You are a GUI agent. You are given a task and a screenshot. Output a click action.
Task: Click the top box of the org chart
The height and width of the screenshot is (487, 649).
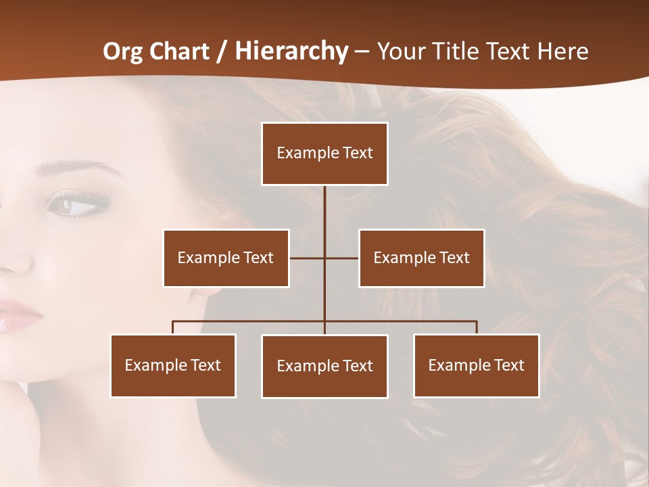pyautogui.click(x=324, y=154)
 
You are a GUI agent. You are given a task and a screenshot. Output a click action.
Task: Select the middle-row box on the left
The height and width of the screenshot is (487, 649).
pyautogui.click(x=226, y=258)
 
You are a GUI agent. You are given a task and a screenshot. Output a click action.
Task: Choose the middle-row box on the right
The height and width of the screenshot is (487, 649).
pyautogui.click(x=421, y=258)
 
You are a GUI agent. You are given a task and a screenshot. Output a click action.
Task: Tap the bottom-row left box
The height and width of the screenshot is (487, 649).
pyautogui.click(x=173, y=365)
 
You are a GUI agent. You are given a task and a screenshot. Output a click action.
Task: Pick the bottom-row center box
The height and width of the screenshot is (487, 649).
pyautogui.click(x=324, y=366)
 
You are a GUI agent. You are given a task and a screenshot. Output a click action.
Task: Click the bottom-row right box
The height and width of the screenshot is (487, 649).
pyautogui.click(x=476, y=365)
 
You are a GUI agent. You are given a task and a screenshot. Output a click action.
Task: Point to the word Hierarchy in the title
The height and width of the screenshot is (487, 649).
pyautogui.click(x=291, y=51)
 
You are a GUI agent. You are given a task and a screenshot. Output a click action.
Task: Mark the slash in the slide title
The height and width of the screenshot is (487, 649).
pyautogui.click(x=222, y=51)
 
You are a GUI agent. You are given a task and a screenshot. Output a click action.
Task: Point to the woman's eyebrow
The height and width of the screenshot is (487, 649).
pyautogui.click(x=71, y=167)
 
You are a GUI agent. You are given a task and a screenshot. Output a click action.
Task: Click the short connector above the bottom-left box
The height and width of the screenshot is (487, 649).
pyautogui.click(x=173, y=327)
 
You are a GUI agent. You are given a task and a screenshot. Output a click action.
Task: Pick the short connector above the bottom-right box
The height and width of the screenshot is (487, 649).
pyautogui.click(x=477, y=327)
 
